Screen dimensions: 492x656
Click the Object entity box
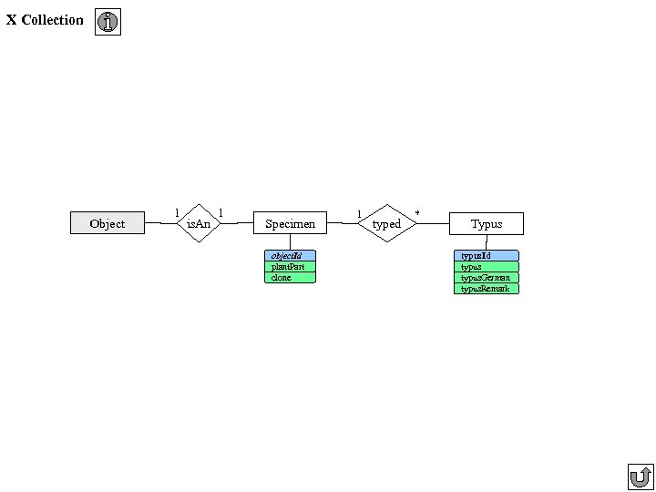108,223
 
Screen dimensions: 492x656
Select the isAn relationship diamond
199,223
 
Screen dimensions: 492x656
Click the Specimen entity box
290,223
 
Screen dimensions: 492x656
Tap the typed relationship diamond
387,223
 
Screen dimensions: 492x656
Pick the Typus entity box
487,223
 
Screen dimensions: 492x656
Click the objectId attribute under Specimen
290,256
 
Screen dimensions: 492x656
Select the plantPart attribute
290,267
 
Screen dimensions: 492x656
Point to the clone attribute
290,278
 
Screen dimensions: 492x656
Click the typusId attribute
487,256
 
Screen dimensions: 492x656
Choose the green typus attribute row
487,267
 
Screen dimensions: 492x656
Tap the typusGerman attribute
487,278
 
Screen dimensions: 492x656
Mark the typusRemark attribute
487,289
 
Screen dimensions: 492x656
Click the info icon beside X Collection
108,23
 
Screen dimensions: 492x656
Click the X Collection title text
45,20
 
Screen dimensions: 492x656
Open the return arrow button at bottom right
641,477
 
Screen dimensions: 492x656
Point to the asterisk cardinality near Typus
417,213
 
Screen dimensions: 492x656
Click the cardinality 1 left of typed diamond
359,214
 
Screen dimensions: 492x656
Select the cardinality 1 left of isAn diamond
177,212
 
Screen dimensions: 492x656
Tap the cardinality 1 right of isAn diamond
221,212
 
